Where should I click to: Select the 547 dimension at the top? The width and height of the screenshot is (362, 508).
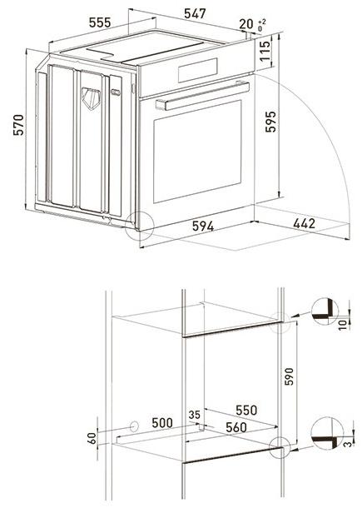pyautogui.click(x=195, y=14)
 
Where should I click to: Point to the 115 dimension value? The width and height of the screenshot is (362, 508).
pyautogui.click(x=265, y=57)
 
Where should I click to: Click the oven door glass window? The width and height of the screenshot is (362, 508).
pyautogui.click(x=198, y=150)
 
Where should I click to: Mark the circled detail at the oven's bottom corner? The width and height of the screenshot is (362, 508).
pyautogui.click(x=140, y=224)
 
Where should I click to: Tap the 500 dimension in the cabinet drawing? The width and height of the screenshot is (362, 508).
pyautogui.click(x=163, y=424)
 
